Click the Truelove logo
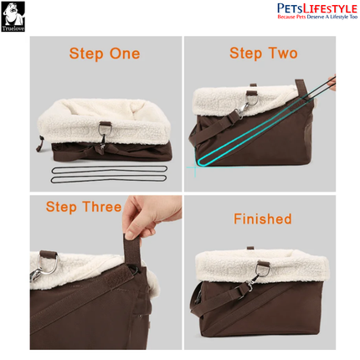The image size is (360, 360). click(x=13, y=17)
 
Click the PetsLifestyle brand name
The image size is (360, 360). click(x=317, y=8)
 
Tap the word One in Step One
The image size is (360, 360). click(x=125, y=54)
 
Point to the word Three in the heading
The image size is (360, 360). click(x=102, y=207)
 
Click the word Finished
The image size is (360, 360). click(x=263, y=219)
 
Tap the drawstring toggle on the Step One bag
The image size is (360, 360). click(x=39, y=144)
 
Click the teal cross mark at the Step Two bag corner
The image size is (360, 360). click(x=194, y=167)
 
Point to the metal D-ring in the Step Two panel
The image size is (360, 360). click(x=251, y=98)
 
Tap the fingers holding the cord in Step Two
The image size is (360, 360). click(x=332, y=82)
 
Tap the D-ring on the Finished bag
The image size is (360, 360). click(x=263, y=269)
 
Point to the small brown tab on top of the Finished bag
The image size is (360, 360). click(x=250, y=248)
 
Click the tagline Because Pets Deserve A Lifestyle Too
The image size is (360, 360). click(x=317, y=17)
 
